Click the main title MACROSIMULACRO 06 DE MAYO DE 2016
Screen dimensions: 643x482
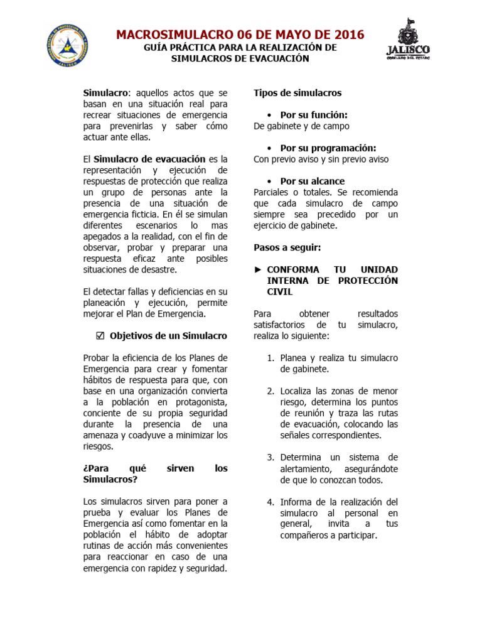pos(240,35)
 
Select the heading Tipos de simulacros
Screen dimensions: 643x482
pos(297,93)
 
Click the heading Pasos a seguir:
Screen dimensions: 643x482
pos(287,247)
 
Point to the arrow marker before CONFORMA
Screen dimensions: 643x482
pos(257,269)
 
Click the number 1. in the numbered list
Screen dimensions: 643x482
pos(270,358)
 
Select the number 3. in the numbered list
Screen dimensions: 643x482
pos(270,457)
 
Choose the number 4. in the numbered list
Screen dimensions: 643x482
pos(270,502)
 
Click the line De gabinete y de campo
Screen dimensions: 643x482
pos(301,126)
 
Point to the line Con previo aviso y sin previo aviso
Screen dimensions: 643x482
pos(321,159)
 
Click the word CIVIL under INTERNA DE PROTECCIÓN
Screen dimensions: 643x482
pos(280,291)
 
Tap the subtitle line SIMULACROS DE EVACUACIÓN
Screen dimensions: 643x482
pos(240,58)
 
